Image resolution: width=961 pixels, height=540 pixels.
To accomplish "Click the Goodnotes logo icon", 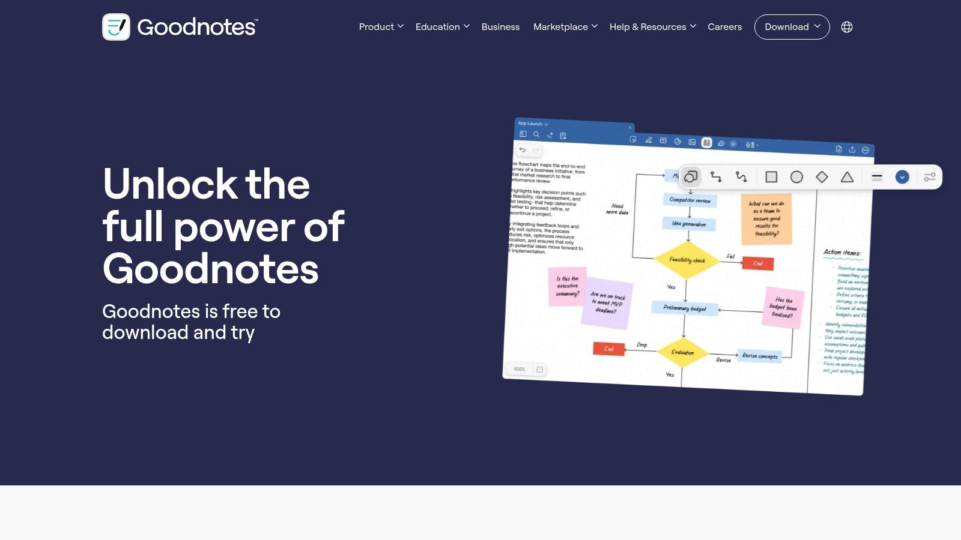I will pyautogui.click(x=116, y=27).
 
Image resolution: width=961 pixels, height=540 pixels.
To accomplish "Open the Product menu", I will pyautogui.click(x=381, y=27).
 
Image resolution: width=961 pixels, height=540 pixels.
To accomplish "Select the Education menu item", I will pyautogui.click(x=442, y=27).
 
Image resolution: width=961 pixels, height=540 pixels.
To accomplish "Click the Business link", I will pyautogui.click(x=500, y=27).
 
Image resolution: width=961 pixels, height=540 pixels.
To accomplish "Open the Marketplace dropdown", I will pyautogui.click(x=565, y=27).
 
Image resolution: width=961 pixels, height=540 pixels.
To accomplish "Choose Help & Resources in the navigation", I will pyautogui.click(x=652, y=27).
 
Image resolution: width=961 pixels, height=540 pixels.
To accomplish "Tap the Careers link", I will pyautogui.click(x=724, y=27).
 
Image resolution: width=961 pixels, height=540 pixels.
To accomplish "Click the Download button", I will pyautogui.click(x=792, y=27).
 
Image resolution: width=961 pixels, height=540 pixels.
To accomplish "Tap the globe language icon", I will pyautogui.click(x=847, y=27).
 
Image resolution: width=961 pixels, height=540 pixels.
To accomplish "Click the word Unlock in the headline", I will pyautogui.click(x=170, y=184).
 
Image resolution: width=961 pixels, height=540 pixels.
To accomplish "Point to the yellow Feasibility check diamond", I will pyautogui.click(x=687, y=260).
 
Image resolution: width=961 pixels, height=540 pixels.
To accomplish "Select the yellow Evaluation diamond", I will pyautogui.click(x=683, y=352).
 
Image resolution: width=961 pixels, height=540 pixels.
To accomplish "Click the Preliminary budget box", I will pyautogui.click(x=684, y=308).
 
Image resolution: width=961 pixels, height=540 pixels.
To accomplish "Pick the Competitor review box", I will pyautogui.click(x=690, y=200).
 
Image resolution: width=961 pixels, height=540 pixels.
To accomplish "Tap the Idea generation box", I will pyautogui.click(x=689, y=224).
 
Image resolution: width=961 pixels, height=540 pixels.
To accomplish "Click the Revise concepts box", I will pyautogui.click(x=760, y=356).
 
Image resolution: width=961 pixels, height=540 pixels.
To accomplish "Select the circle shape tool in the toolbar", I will pyautogui.click(x=796, y=177).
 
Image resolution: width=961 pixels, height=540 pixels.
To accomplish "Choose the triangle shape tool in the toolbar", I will pyautogui.click(x=847, y=177).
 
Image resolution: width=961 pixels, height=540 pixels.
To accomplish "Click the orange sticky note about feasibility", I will pyautogui.click(x=766, y=218).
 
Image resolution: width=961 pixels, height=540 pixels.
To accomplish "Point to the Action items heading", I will pyautogui.click(x=841, y=253).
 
